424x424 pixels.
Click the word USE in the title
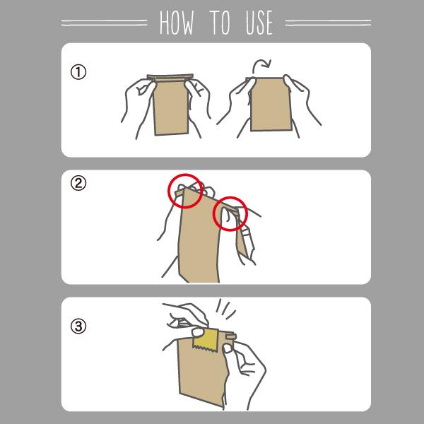pyautogui.click(x=259, y=23)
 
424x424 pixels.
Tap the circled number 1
pyautogui.click(x=78, y=72)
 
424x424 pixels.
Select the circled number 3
pyautogui.click(x=78, y=326)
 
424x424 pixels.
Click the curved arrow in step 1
pyautogui.click(x=262, y=66)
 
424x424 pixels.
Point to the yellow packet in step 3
pyautogui.click(x=205, y=342)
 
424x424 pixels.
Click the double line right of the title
pyautogui.click(x=324, y=23)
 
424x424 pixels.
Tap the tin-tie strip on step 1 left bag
pyautogui.click(x=170, y=76)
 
